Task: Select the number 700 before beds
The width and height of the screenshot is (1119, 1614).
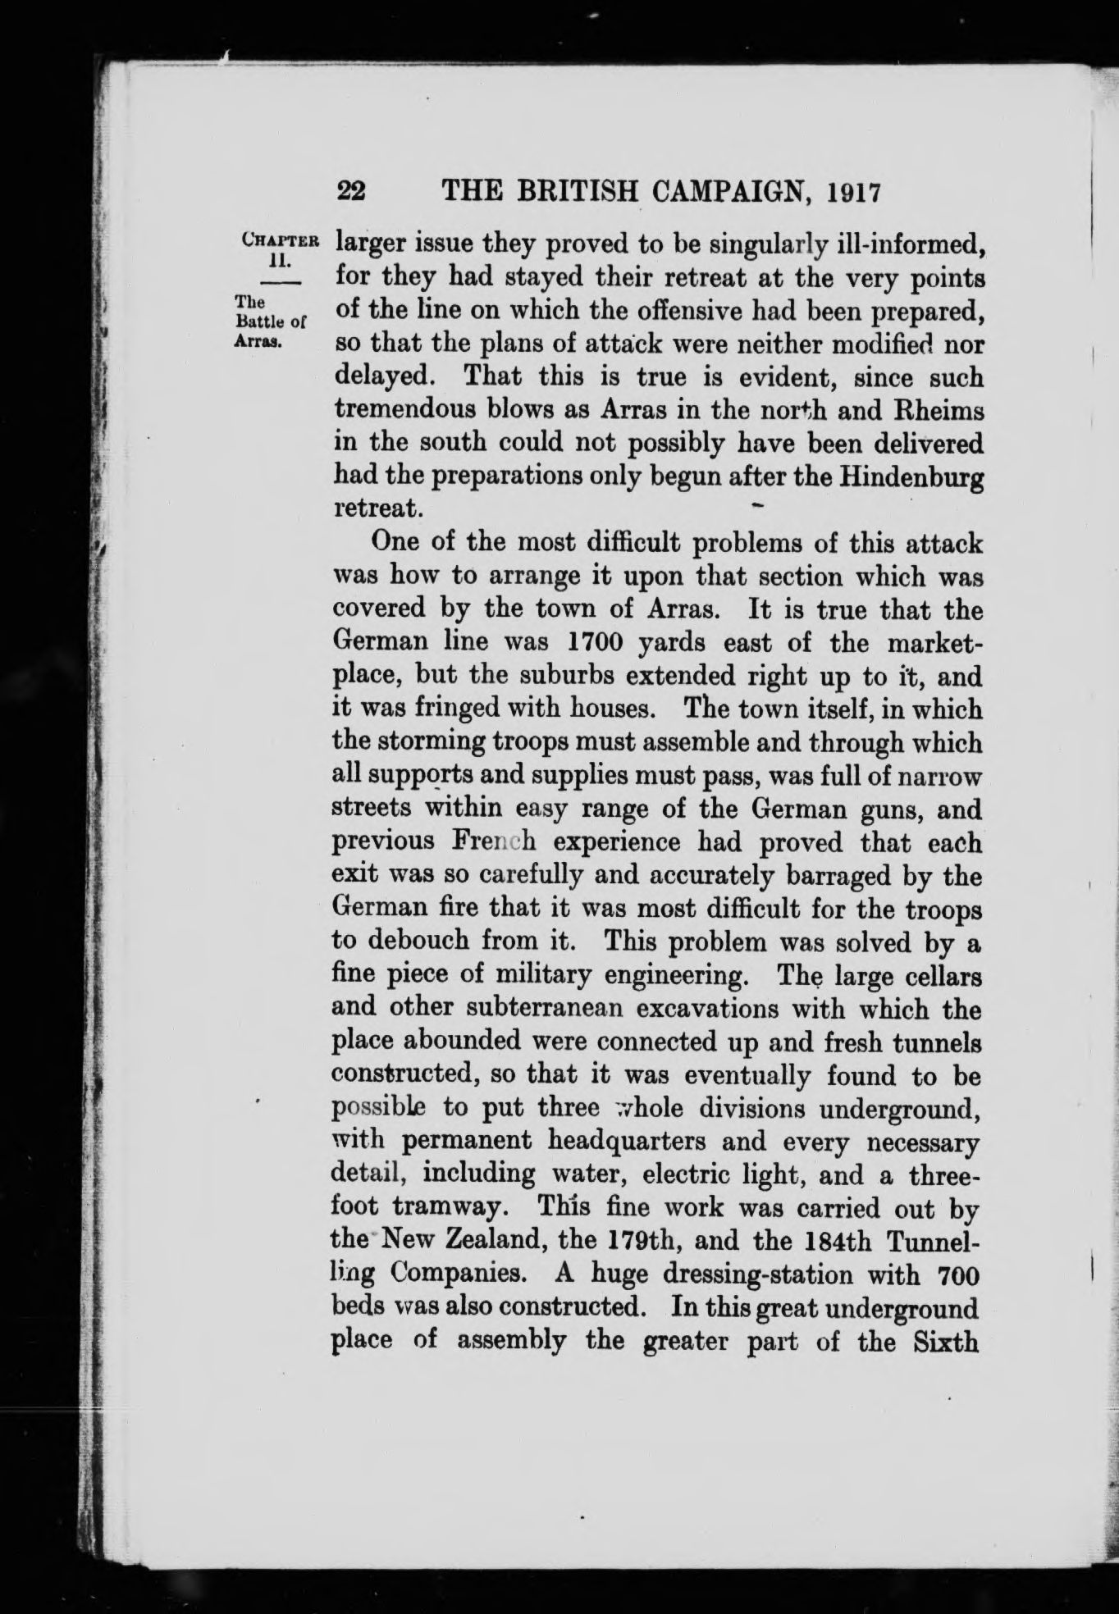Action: [956, 1275]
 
